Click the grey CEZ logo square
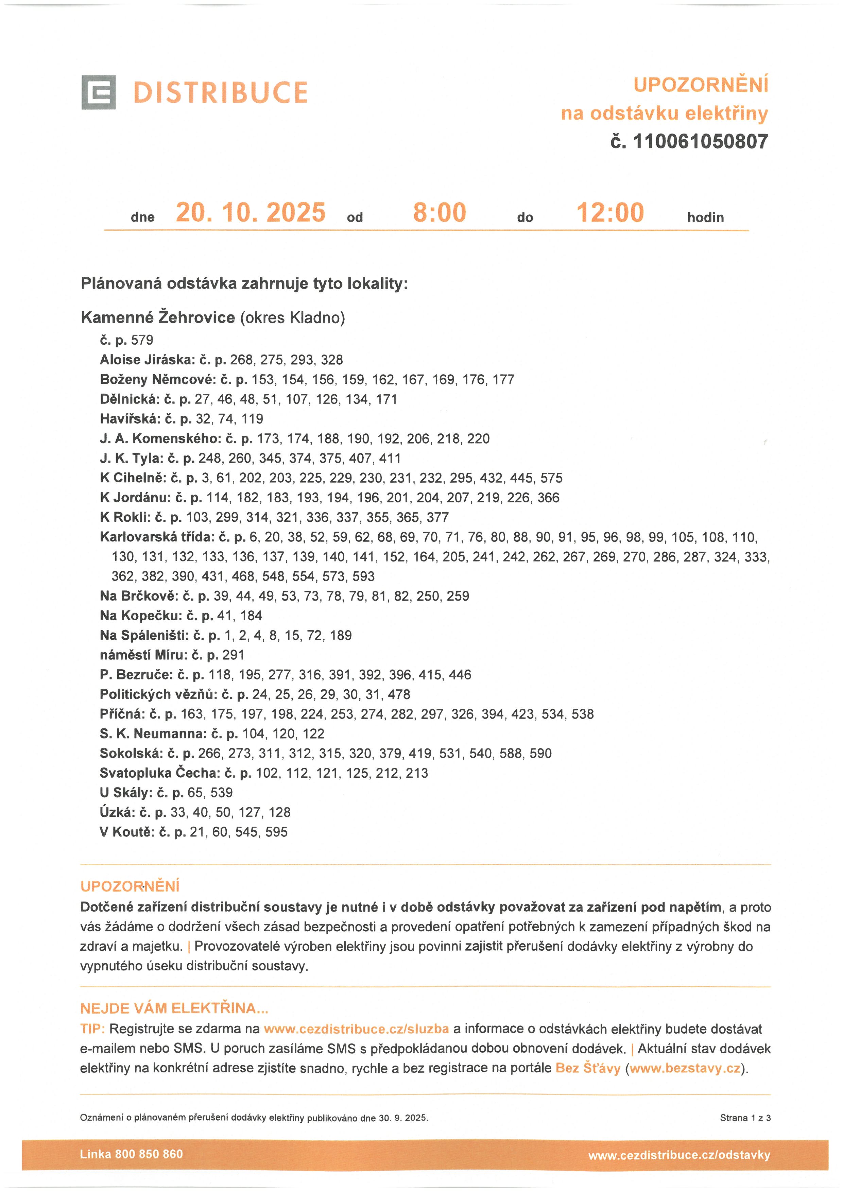coord(99,92)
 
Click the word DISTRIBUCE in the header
coord(221,92)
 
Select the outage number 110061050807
coord(700,141)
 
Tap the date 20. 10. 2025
coord(251,213)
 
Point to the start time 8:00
coord(440,213)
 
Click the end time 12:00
coord(610,213)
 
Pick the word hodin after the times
coord(705,218)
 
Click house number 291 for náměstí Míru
coord(233,655)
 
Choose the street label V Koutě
coord(127,832)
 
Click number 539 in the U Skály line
coord(222,793)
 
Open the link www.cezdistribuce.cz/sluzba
coord(356,1029)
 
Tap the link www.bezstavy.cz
coord(685,1068)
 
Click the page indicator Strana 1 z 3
coord(745,1118)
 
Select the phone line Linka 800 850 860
coord(131,1154)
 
